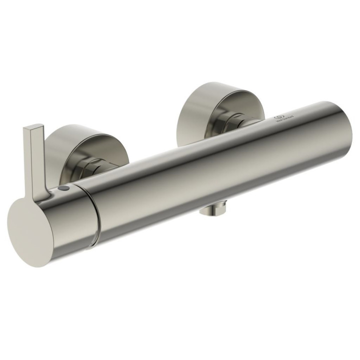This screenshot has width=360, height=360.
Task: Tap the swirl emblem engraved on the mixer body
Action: tap(279, 116)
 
